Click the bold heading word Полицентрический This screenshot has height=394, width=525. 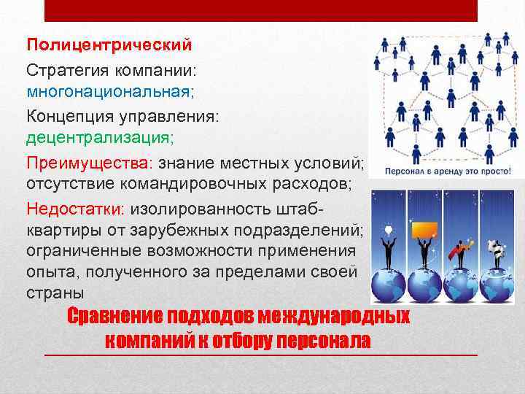coord(109,45)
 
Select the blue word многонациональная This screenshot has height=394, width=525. coord(109,93)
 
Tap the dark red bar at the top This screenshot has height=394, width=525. coord(261,10)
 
